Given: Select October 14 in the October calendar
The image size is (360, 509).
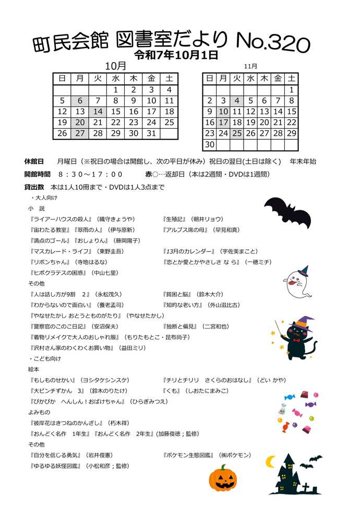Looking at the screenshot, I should (98, 112).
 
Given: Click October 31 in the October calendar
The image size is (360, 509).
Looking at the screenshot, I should (151, 134).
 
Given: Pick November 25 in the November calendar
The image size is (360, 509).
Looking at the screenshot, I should (237, 134).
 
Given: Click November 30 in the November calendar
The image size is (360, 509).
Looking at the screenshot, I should (210, 144).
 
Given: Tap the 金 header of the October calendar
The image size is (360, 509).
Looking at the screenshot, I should (151, 79).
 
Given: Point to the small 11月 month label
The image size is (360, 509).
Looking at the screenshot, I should (250, 66).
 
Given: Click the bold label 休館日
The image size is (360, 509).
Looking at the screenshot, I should (34, 162).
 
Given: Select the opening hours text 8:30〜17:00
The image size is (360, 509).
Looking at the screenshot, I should (91, 174).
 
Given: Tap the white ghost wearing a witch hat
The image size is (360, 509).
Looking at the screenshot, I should (296, 282).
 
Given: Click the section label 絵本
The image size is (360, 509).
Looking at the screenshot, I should (34, 369).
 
